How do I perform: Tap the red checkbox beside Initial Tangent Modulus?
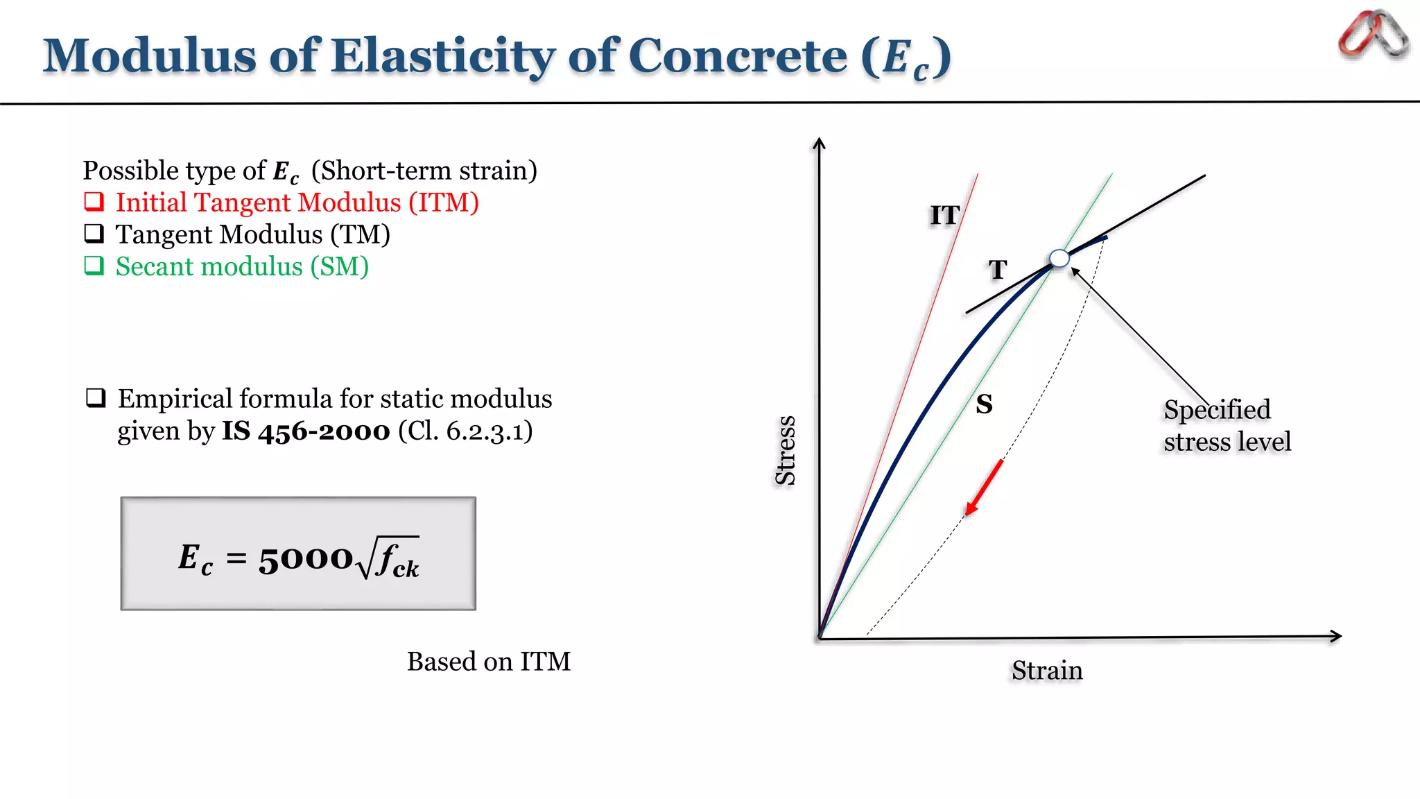click(x=94, y=202)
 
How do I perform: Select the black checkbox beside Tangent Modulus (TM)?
click(x=94, y=234)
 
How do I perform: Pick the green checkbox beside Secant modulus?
click(x=94, y=266)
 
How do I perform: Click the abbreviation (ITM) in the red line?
click(x=443, y=203)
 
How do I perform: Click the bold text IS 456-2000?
click(x=306, y=431)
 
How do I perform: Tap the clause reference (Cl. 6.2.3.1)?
click(x=465, y=431)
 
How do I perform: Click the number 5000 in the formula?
click(x=306, y=558)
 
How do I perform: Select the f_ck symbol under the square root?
click(x=397, y=560)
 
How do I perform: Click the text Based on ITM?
click(x=488, y=662)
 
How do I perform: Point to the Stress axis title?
click(x=785, y=451)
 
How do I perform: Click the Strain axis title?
click(x=1046, y=671)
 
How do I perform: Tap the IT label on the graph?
click(x=944, y=216)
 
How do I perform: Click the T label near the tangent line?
click(x=997, y=270)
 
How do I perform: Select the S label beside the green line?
click(x=984, y=404)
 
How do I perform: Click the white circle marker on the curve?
click(x=1059, y=259)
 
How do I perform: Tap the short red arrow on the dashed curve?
click(x=984, y=488)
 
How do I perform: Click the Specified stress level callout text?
click(x=1227, y=426)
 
